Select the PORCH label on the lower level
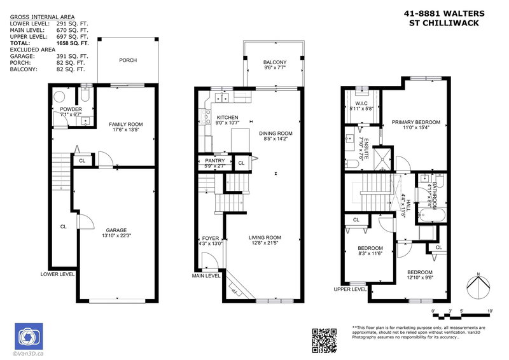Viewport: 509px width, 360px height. [x=128, y=60]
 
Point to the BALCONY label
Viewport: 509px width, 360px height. [x=274, y=62]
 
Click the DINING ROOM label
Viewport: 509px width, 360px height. [x=274, y=133]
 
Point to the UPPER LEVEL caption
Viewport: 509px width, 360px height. [x=350, y=289]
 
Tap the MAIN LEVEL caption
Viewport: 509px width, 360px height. [x=206, y=275]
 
